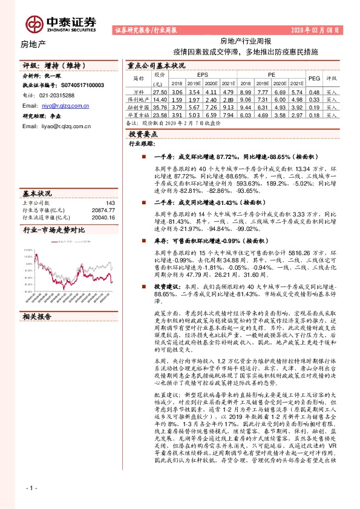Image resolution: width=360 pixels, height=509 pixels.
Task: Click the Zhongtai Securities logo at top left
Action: pos(61,23)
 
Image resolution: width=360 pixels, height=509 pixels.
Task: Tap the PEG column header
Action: pos(314,78)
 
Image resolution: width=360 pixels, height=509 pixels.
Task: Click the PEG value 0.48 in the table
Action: pos(314,92)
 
